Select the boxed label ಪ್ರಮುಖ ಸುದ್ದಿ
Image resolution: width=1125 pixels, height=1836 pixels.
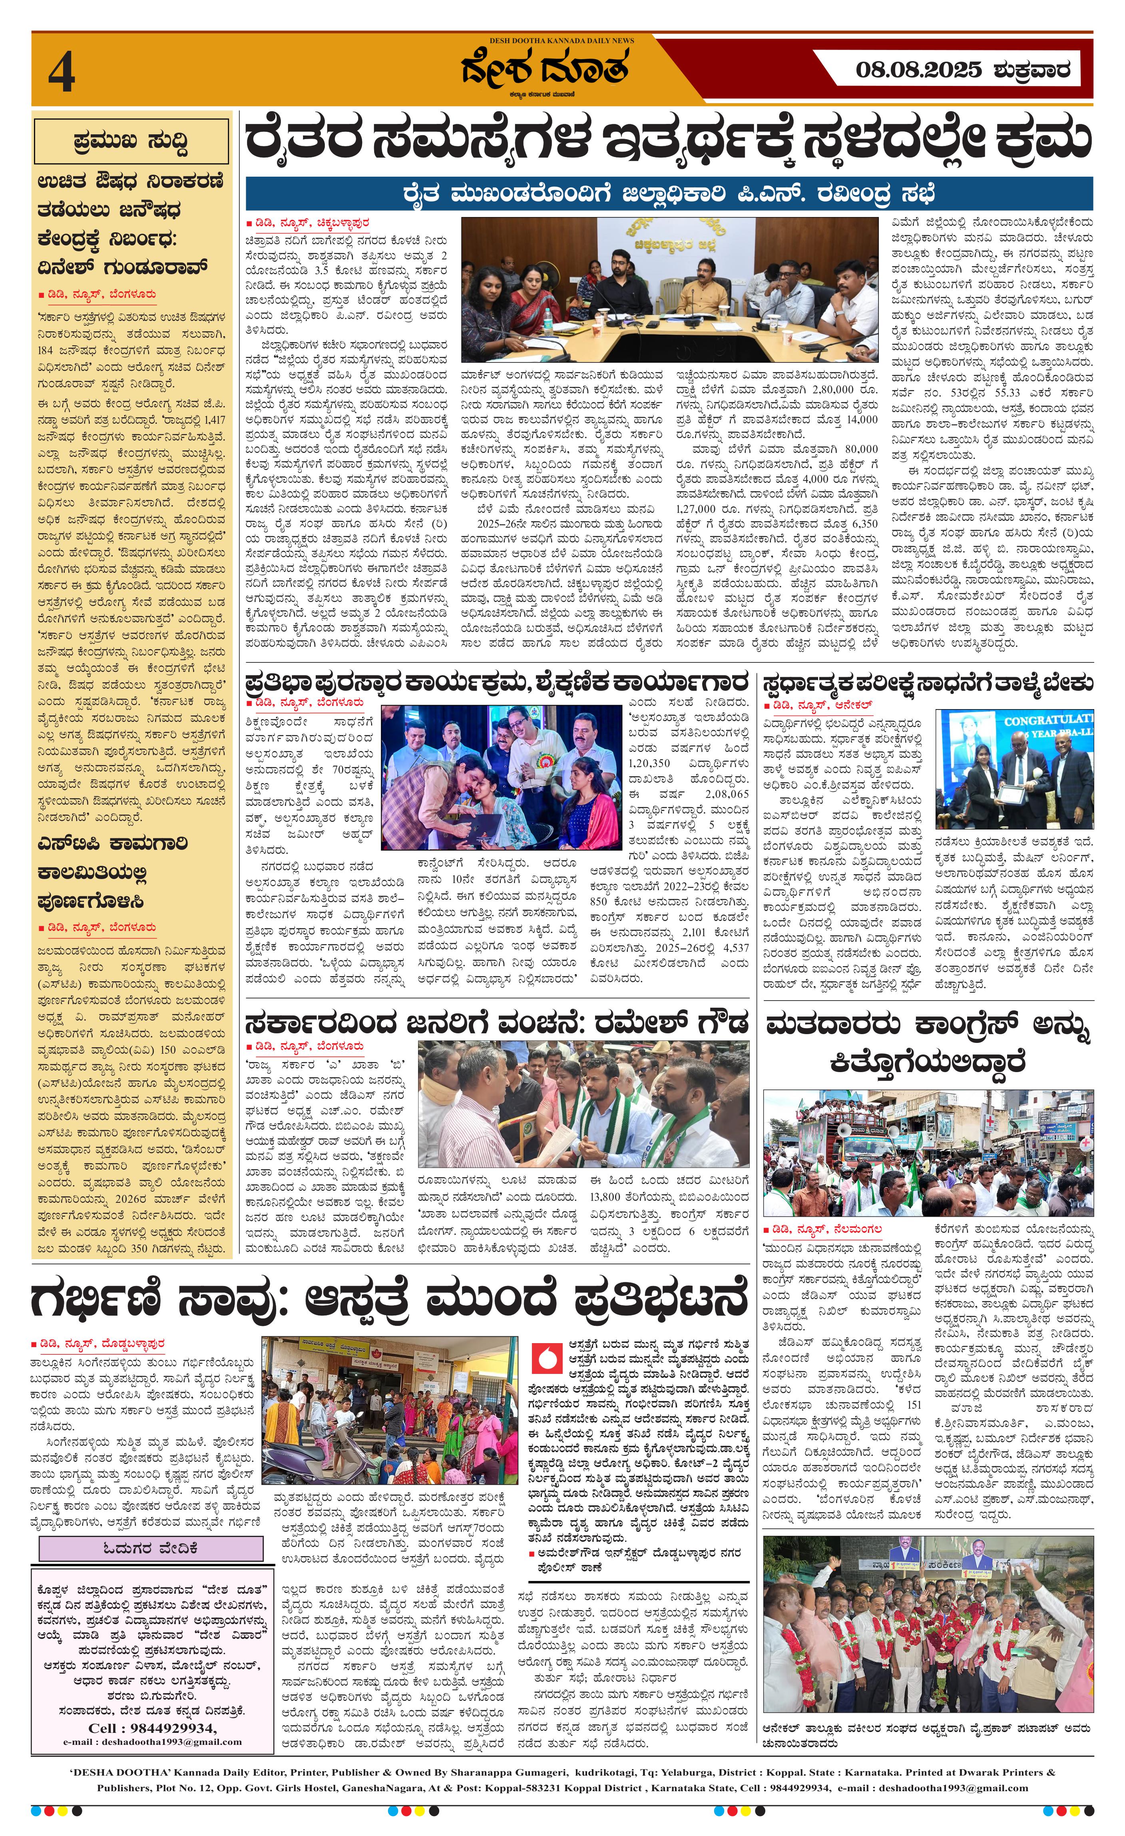[130, 142]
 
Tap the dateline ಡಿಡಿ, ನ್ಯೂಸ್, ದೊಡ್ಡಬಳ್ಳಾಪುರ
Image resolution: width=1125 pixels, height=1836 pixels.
[98, 1343]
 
